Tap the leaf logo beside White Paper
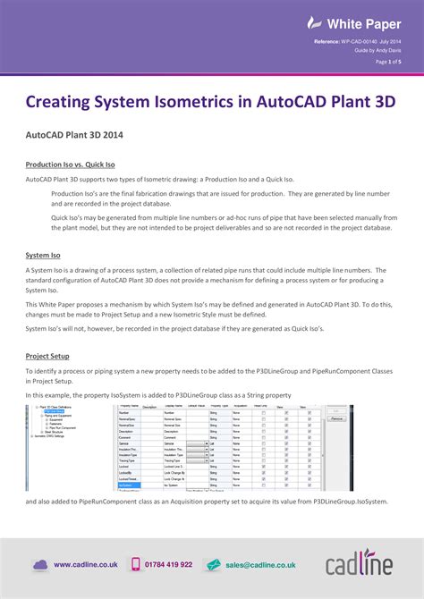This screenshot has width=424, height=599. click(x=313, y=22)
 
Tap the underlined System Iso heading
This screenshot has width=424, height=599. click(x=43, y=255)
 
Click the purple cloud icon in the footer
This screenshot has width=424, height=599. click(x=40, y=564)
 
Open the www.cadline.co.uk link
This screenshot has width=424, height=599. click(x=86, y=565)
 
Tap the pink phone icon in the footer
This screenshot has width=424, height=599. click(x=137, y=564)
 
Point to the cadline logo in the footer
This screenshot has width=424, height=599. click(x=357, y=564)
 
